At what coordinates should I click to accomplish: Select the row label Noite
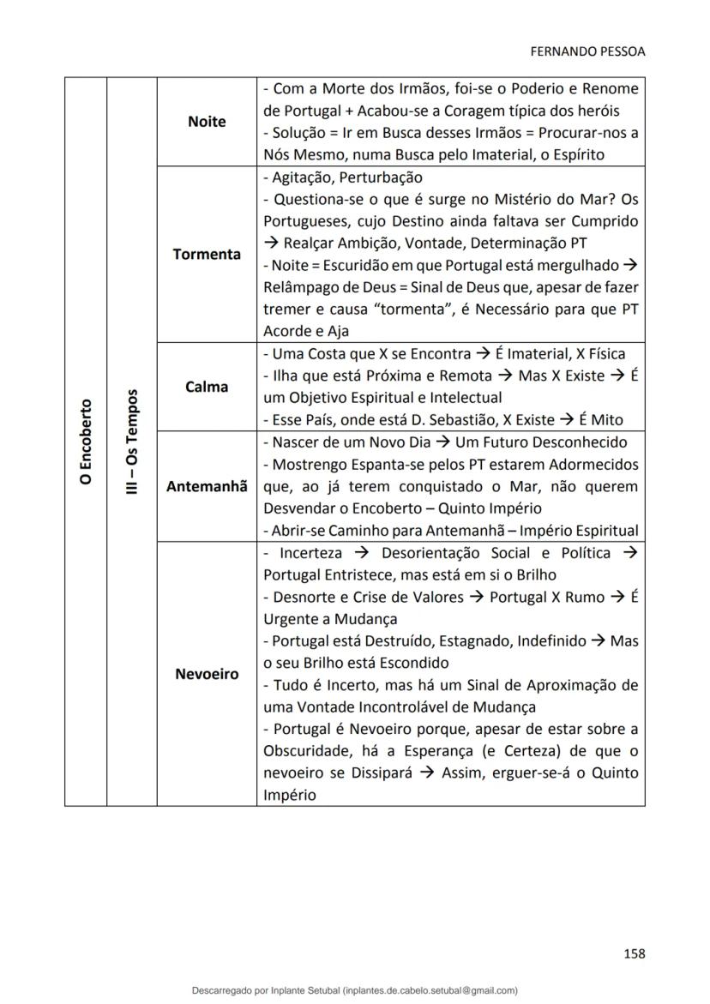(x=207, y=122)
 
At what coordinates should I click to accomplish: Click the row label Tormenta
(x=207, y=255)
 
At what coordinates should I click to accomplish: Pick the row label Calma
(x=207, y=387)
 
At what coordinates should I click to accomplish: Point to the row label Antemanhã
(x=207, y=486)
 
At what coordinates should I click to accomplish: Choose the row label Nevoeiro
(x=207, y=674)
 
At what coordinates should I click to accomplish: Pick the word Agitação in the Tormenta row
(x=299, y=177)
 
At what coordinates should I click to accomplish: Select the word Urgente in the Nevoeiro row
(x=289, y=619)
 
